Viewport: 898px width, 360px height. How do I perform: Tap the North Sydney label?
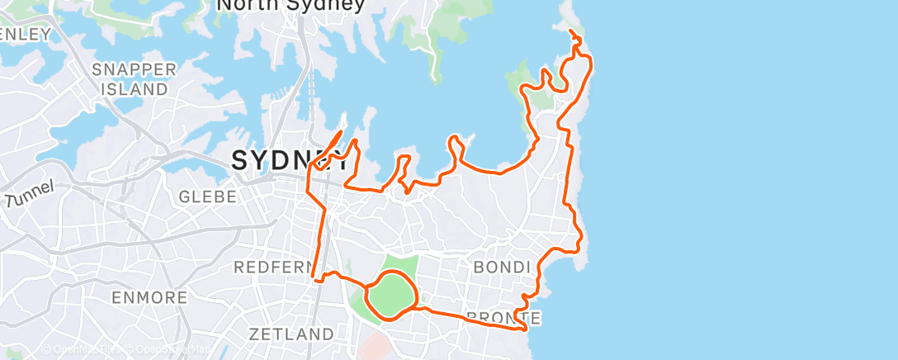[x=290, y=6]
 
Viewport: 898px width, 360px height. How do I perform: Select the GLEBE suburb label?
[x=208, y=197]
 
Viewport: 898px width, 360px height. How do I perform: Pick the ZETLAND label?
[x=291, y=334]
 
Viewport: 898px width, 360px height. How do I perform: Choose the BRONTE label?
[x=504, y=317]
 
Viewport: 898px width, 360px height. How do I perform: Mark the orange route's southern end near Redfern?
[x=314, y=280]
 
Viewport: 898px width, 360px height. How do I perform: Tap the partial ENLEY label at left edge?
[x=25, y=34]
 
